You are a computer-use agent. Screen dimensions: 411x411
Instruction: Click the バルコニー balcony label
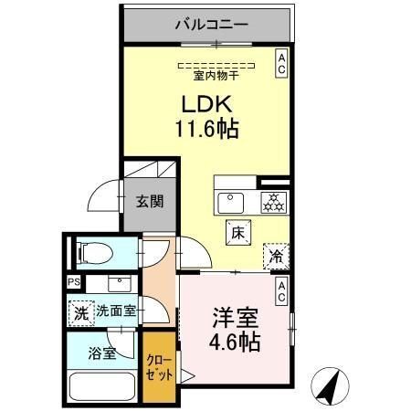coord(212,25)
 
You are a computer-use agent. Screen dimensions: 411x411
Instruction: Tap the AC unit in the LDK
coord(281,64)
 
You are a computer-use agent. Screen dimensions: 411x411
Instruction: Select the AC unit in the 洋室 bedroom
coord(281,291)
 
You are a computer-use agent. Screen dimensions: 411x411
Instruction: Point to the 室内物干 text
coord(216,76)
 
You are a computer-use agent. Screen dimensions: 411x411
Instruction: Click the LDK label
coord(207,104)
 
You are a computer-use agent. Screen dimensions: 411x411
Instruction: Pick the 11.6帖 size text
coord(206,129)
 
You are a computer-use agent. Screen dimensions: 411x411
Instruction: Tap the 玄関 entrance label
coord(150,202)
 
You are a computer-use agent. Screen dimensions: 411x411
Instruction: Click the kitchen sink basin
coord(231,204)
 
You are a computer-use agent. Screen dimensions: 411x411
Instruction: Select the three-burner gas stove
coord(274,203)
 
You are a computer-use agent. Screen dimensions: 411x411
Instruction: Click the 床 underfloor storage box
coord(238,233)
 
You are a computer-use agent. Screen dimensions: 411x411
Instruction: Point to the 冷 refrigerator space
coord(276,257)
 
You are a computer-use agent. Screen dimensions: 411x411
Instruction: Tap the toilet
coord(94,253)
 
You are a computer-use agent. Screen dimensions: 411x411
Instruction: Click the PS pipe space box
coord(73,282)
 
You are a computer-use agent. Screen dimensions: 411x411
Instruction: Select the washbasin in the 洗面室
coord(120,284)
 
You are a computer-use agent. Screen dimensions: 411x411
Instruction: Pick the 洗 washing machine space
coord(81,313)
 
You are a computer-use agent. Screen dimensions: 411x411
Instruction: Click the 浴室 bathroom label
coord(102,353)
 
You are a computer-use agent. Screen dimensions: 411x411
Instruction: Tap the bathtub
coord(102,387)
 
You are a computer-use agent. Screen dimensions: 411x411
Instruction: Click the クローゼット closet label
coord(160,368)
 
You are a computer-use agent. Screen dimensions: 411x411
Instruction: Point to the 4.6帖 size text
coord(235,342)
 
